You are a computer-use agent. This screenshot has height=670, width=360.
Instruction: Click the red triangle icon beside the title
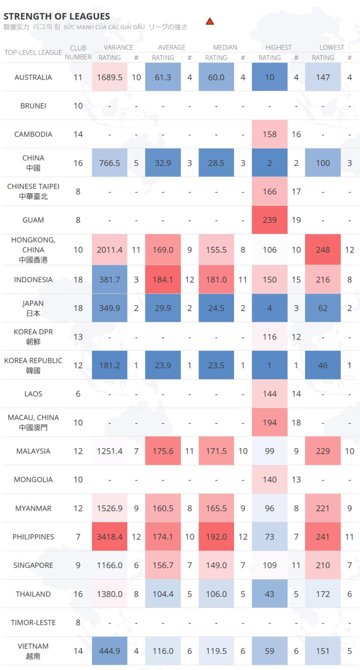click(210, 21)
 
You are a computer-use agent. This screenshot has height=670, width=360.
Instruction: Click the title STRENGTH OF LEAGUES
click(56, 16)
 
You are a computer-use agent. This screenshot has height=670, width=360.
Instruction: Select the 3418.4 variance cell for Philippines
click(110, 537)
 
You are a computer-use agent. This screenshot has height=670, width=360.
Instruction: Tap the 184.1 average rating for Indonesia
click(163, 280)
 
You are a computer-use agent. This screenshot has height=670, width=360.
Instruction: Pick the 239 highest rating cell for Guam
click(269, 220)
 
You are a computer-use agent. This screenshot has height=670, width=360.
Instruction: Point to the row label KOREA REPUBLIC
click(33, 361)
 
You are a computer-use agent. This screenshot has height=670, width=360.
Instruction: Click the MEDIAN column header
click(225, 47)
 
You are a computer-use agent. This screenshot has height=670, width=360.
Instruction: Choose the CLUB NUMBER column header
click(78, 52)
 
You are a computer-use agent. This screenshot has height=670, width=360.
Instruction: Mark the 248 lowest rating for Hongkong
click(323, 249)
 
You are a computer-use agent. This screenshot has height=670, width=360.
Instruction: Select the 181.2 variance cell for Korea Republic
click(110, 365)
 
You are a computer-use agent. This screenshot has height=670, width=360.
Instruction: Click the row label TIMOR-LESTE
click(33, 623)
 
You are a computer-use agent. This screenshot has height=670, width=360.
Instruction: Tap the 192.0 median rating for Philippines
click(216, 537)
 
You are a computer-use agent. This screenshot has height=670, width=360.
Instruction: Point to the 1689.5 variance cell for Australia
click(110, 77)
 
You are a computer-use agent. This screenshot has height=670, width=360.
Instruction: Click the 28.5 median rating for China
click(216, 163)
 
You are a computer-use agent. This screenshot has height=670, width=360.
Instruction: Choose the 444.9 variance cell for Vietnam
click(110, 651)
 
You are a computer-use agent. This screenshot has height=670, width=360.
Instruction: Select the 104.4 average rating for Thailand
click(163, 594)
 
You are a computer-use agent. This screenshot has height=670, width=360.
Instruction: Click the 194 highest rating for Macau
click(269, 423)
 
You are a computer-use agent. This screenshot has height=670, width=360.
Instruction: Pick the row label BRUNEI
click(33, 106)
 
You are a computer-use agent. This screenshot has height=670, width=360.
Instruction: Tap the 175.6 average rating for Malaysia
click(163, 451)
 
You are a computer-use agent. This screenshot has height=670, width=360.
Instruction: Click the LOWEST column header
click(332, 47)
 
